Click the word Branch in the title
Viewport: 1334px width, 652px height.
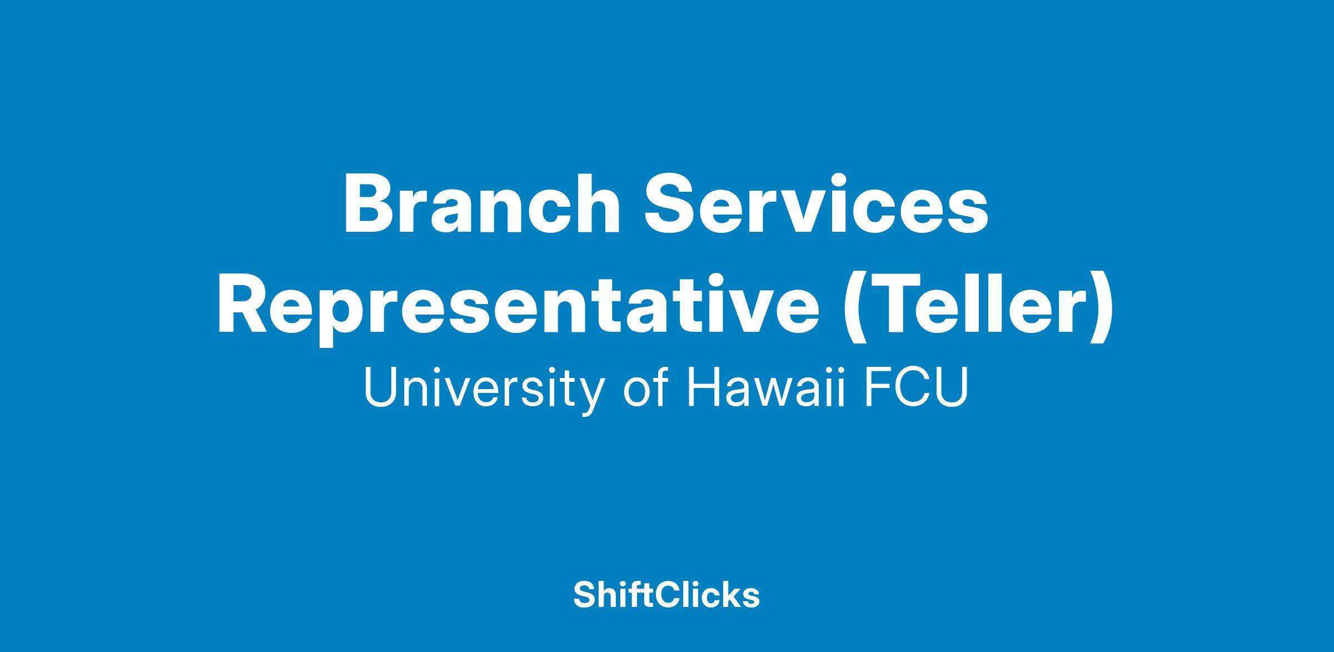pyautogui.click(x=481, y=204)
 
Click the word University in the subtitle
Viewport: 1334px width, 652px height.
pyautogui.click(x=483, y=389)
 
